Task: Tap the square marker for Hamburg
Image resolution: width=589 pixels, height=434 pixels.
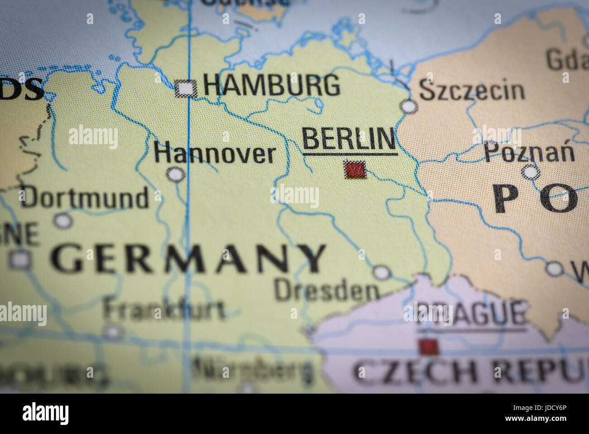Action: tap(186, 88)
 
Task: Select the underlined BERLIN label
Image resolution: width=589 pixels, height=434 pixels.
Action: tap(349, 139)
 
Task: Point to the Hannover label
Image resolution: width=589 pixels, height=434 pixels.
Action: tap(214, 154)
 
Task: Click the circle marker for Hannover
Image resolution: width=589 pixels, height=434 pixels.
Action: tap(175, 174)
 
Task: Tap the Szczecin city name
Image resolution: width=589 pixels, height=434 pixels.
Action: tap(471, 90)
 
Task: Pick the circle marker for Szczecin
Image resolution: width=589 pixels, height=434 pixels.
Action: tap(409, 106)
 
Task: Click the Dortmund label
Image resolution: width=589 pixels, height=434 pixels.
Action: tap(85, 198)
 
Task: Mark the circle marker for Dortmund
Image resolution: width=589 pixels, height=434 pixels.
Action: tap(63, 221)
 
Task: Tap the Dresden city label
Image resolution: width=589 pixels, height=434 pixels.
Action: tap(326, 291)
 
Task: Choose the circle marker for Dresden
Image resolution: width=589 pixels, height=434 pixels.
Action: tap(381, 273)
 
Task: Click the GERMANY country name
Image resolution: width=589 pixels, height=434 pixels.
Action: tap(188, 258)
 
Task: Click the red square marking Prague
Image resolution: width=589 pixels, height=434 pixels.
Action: tap(428, 347)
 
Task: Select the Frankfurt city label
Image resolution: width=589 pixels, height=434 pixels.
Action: tap(164, 310)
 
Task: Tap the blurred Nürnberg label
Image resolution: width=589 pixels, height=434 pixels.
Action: tap(252, 368)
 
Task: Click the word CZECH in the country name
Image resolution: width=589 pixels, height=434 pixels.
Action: tap(414, 371)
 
